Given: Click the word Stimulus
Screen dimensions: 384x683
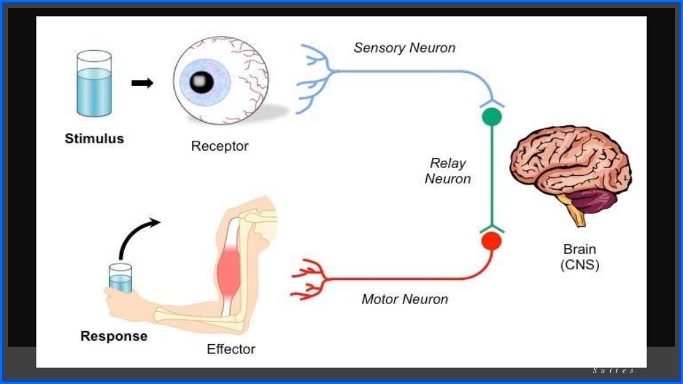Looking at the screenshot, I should [x=94, y=139].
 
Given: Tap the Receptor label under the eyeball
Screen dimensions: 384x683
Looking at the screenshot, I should [x=219, y=146].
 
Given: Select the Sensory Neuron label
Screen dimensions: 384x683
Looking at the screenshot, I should [x=404, y=48].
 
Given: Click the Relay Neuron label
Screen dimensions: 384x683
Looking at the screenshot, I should [x=448, y=171].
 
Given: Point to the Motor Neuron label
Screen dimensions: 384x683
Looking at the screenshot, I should [x=405, y=299].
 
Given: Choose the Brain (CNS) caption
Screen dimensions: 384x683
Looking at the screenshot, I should [x=580, y=257].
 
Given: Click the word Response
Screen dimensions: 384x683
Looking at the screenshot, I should [x=113, y=336].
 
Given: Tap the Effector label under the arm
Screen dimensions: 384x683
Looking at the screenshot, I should [x=231, y=349].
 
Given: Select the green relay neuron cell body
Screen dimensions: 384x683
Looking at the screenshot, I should [x=492, y=117].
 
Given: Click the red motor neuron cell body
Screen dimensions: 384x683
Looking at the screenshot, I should [x=492, y=241].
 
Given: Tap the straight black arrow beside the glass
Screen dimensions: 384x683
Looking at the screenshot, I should [x=142, y=83].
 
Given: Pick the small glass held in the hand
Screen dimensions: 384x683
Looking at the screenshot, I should [x=121, y=278].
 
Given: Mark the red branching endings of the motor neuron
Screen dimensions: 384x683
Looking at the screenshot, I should [x=307, y=279].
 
